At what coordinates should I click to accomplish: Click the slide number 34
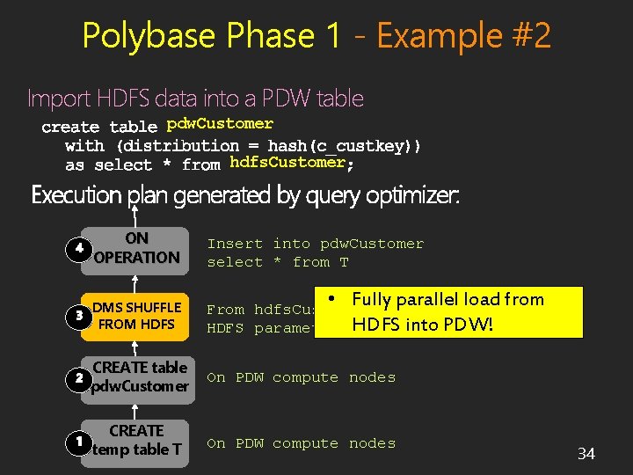click(x=586, y=454)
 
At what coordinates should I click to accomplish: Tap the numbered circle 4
click(x=79, y=248)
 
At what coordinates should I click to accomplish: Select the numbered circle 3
click(x=79, y=314)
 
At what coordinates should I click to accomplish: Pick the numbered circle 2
click(x=79, y=377)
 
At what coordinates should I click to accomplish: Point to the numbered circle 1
click(x=79, y=441)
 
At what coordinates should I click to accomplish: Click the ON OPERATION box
click(x=136, y=248)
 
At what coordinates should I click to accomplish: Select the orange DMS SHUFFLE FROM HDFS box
click(x=136, y=315)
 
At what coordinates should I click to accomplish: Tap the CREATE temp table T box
click(x=136, y=441)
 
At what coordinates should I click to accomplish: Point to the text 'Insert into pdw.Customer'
click(x=315, y=244)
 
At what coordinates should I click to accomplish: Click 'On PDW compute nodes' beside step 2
click(x=301, y=377)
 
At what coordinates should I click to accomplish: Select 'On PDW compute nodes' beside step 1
click(x=301, y=443)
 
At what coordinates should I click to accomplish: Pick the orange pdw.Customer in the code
click(x=220, y=124)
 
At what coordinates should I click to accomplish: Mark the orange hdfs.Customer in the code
click(x=287, y=162)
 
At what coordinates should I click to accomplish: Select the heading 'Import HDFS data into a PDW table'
click(x=195, y=98)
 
